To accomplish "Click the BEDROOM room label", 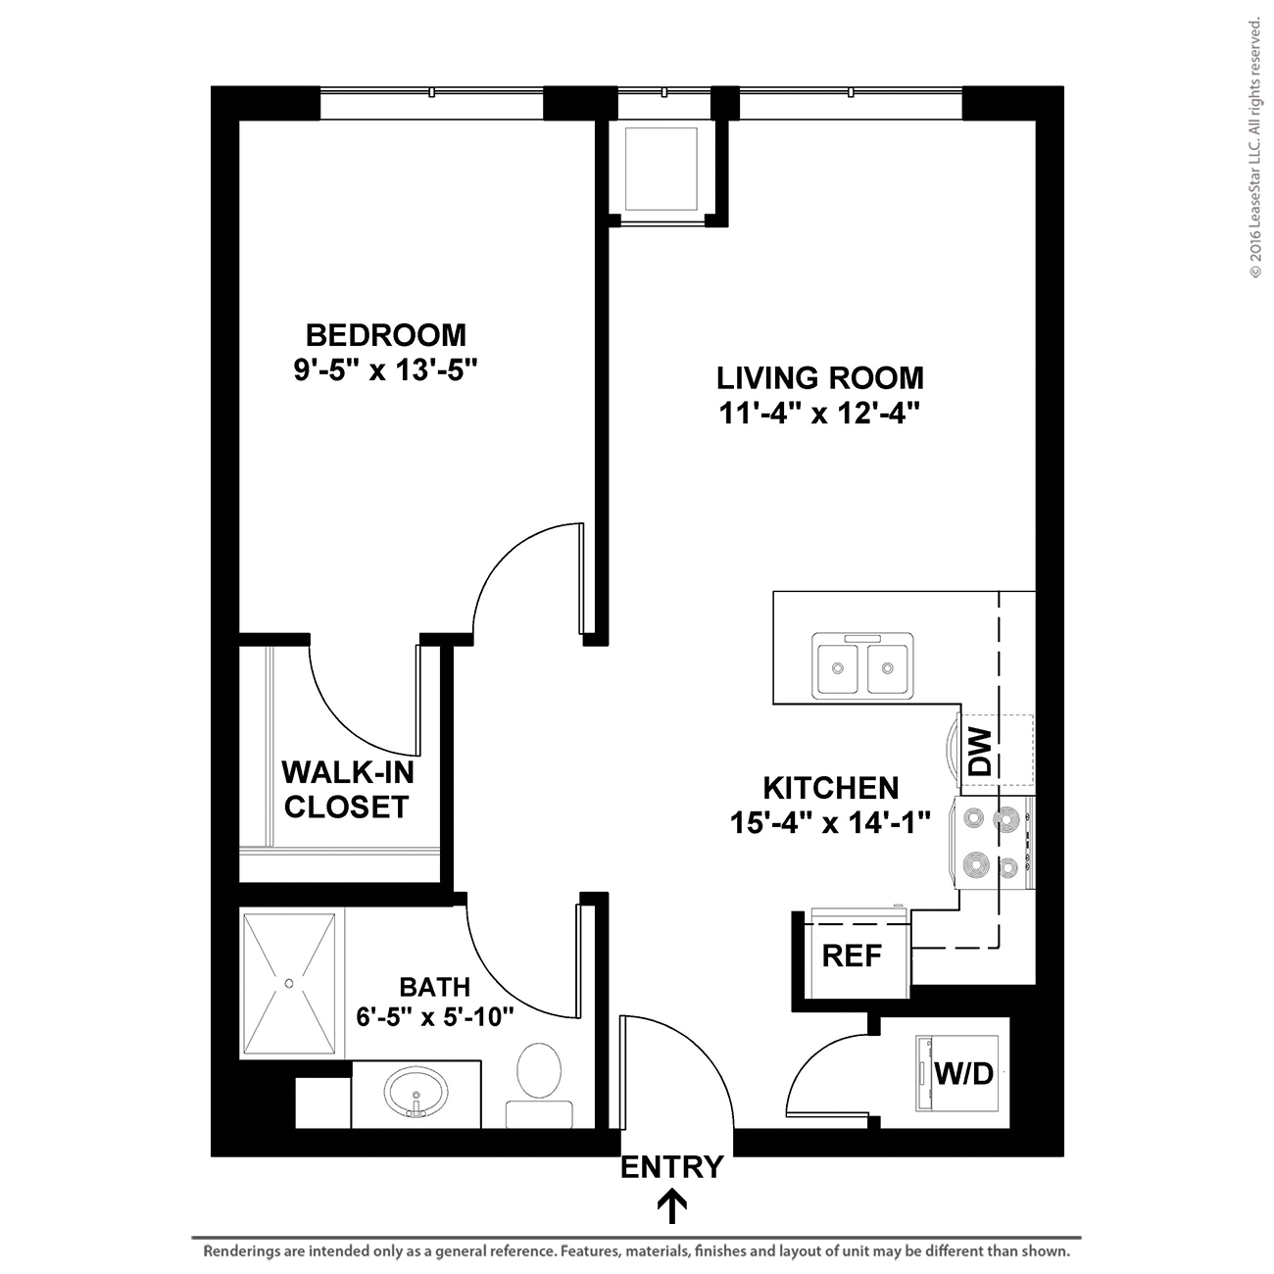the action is (x=385, y=335).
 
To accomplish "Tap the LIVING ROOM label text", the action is (x=820, y=378).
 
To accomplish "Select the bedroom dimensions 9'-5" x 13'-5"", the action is (x=385, y=370).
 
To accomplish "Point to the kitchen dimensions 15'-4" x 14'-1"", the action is (x=830, y=823).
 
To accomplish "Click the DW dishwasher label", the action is (x=980, y=752).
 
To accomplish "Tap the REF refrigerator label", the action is (x=852, y=955).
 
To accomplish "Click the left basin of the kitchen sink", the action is (x=838, y=668).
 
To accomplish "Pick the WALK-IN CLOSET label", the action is (x=348, y=790).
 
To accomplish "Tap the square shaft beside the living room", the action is (x=661, y=170).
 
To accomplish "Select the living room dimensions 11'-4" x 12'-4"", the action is (x=820, y=414).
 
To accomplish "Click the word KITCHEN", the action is (x=831, y=788).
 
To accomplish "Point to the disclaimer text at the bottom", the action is (x=637, y=1250).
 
